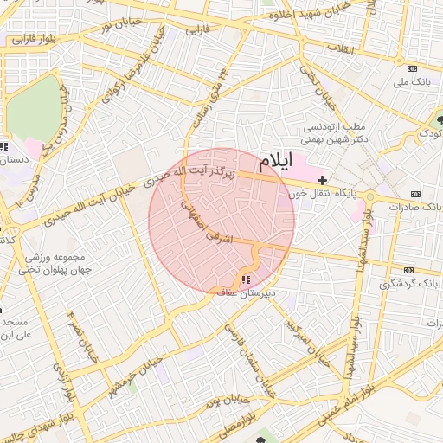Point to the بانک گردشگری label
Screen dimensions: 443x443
[x=413, y=284]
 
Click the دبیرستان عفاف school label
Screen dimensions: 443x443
[x=245, y=293]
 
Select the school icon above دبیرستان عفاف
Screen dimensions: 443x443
[x=245, y=279]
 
